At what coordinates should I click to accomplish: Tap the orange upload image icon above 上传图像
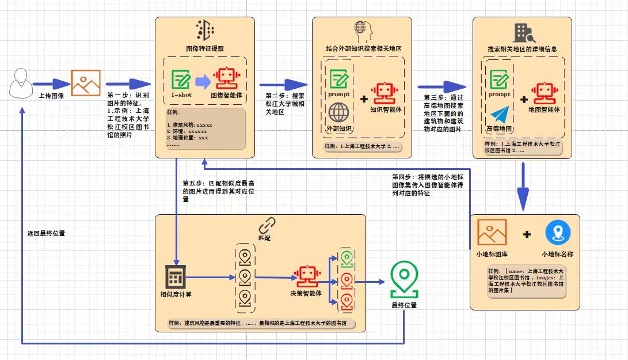tap(86, 82)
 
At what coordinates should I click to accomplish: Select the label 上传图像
tap(52, 96)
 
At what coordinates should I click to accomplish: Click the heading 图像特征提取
tap(205, 49)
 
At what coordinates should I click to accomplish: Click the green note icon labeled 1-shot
tap(181, 79)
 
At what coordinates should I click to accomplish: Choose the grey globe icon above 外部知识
tap(338, 113)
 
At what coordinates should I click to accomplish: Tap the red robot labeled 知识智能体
tap(385, 92)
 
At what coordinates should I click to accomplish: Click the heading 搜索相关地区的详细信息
tap(522, 49)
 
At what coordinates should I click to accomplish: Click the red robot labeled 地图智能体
tap(544, 93)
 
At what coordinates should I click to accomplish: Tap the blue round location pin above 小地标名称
tap(558, 232)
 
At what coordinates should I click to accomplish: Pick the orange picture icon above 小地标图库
tap(492, 232)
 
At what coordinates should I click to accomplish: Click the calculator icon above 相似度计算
tap(176, 278)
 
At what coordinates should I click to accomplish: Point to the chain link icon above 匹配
tap(265, 225)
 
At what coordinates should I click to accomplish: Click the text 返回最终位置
tap(46, 234)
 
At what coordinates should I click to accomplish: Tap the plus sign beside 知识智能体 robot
tap(364, 98)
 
